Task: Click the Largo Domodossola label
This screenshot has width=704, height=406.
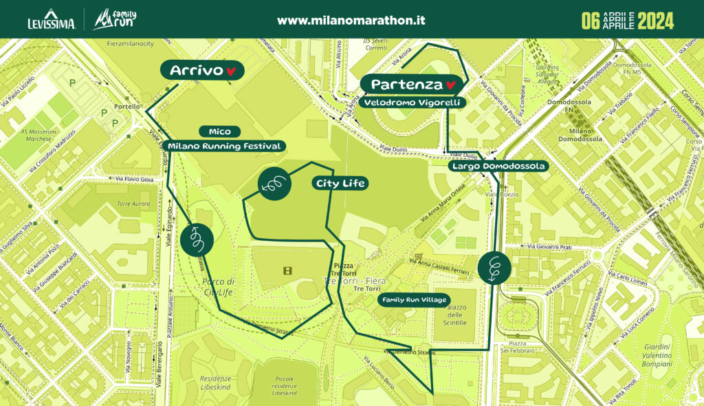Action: pyautogui.click(x=498, y=166)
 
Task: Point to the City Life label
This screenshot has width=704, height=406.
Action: pyautogui.click(x=339, y=183)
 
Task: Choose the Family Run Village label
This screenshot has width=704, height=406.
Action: pyautogui.click(x=415, y=299)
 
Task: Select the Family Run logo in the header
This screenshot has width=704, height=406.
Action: pyautogui.click(x=115, y=19)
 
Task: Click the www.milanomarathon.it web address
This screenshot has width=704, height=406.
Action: pyautogui.click(x=351, y=20)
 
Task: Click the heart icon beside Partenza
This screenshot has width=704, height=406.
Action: pyautogui.click(x=451, y=85)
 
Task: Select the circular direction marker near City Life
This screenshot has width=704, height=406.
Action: pyautogui.click(x=273, y=184)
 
